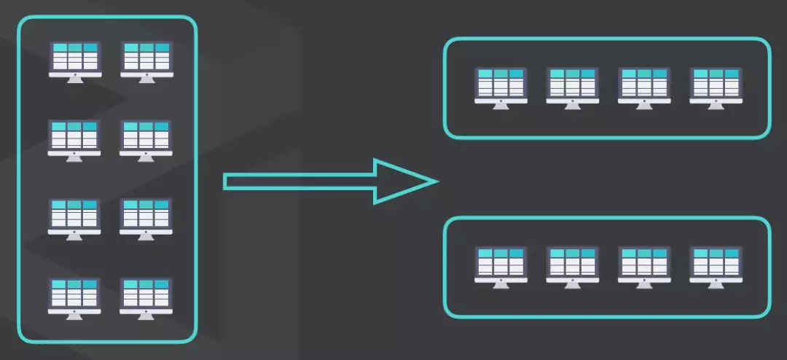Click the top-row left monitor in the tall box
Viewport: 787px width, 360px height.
(74, 60)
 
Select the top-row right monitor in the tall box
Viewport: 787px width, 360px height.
(146, 60)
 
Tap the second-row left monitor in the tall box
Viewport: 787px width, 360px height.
(74, 138)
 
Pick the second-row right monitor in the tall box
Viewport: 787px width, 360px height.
(146, 138)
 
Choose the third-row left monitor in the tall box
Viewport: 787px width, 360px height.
(74, 216)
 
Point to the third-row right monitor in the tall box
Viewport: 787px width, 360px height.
(146, 216)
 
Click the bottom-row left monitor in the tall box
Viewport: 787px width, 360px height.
(74, 295)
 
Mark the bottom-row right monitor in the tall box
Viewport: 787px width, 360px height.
(146, 295)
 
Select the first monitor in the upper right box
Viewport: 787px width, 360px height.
(501, 85)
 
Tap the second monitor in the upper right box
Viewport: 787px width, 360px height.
(573, 85)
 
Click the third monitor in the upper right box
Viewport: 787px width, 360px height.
(644, 85)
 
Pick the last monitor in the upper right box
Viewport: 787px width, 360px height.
(716, 85)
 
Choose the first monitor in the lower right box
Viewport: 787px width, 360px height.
(501, 264)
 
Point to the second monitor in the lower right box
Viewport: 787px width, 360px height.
(573, 264)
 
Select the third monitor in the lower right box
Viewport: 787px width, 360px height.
(644, 264)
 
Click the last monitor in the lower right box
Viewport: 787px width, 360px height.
(716, 264)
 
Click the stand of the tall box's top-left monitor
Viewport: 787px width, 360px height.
(74, 79)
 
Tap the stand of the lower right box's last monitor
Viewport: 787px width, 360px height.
(716, 284)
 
